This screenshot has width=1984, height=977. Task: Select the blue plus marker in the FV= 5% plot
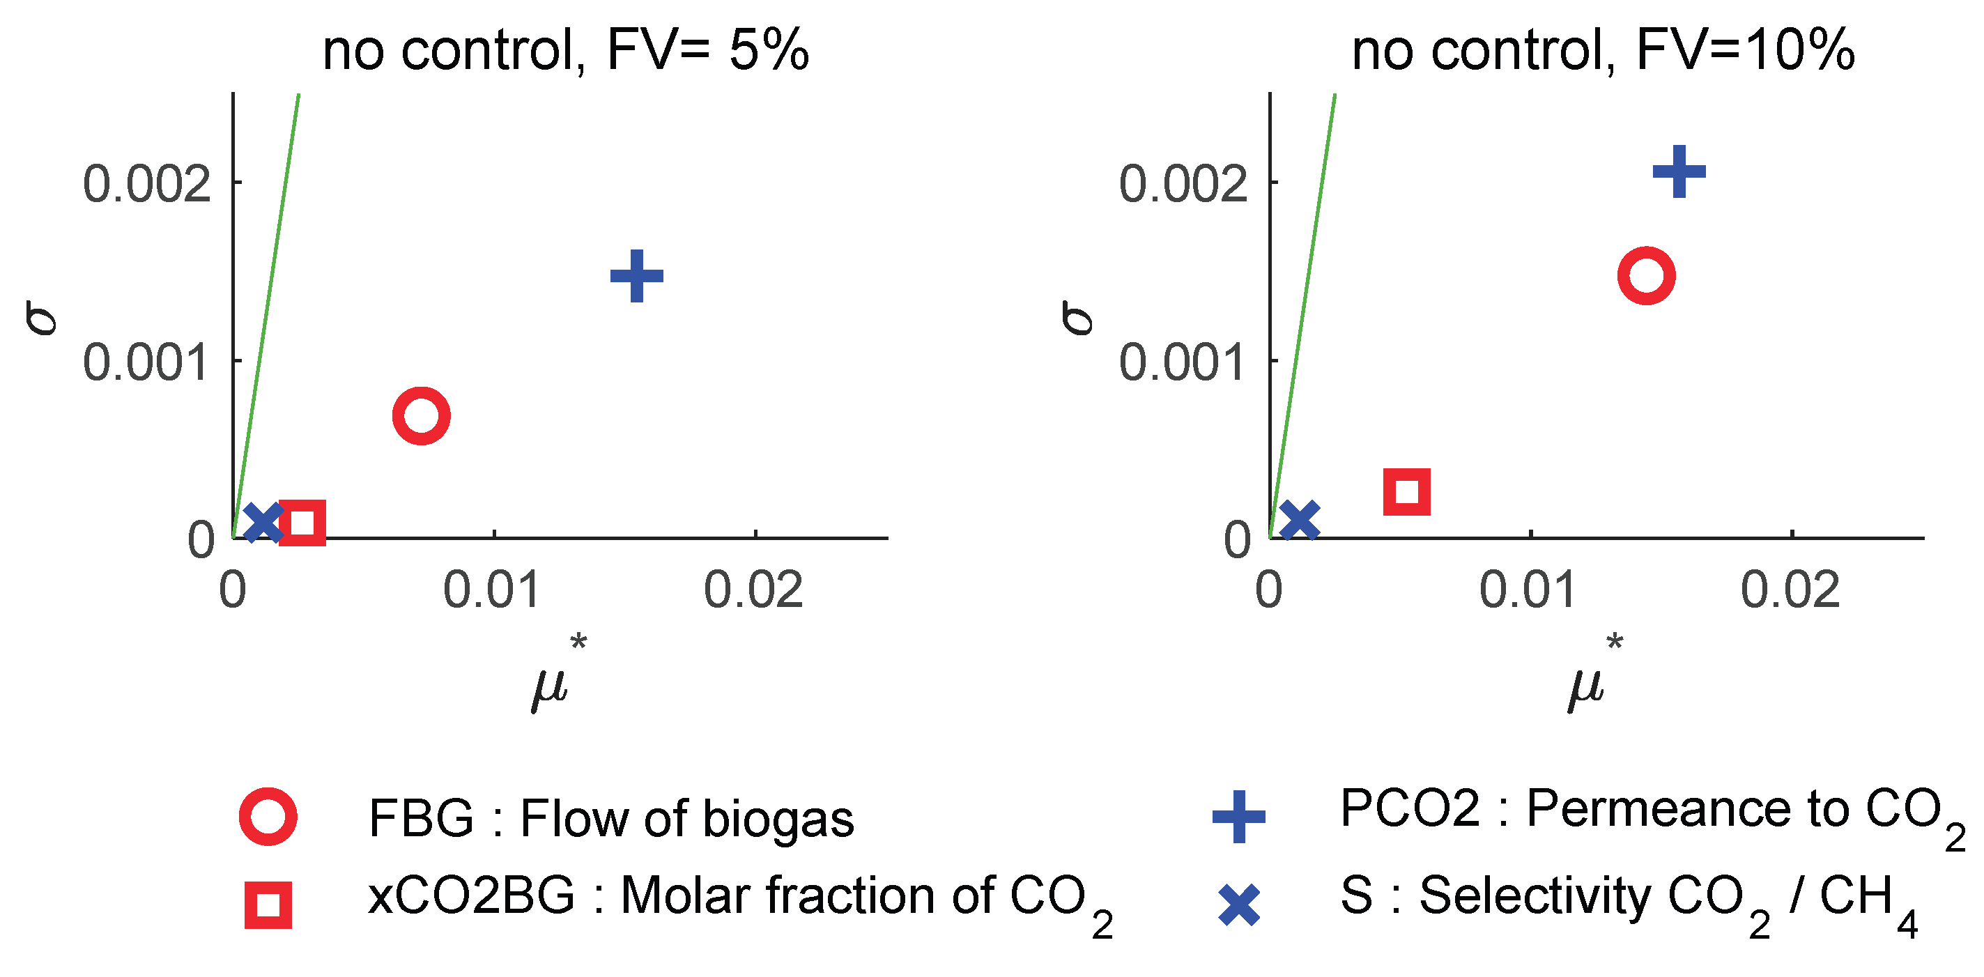[636, 276]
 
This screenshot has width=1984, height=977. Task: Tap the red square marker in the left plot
[302, 522]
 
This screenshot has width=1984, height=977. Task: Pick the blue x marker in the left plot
[263, 522]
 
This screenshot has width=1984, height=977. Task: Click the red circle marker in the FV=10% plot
[1646, 276]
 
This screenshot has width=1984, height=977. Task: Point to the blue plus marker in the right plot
[1679, 171]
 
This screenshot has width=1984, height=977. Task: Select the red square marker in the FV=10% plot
[1406, 491]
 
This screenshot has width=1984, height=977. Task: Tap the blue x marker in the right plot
[1299, 519]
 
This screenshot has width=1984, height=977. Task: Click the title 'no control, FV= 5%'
[565, 51]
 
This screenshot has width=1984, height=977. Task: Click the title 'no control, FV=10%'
[1603, 51]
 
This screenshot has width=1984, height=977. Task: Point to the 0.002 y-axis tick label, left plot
[146, 185]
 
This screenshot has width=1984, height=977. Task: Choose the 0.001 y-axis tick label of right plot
[1182, 363]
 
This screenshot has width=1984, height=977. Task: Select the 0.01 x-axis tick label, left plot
[491, 591]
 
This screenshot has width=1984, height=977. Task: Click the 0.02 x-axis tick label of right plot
[1790, 591]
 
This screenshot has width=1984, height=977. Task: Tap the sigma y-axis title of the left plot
[42, 317]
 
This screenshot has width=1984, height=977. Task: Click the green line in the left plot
[266, 316]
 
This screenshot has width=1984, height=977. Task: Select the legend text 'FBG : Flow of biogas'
[610, 817]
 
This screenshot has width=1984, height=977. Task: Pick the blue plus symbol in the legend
[1238, 816]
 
